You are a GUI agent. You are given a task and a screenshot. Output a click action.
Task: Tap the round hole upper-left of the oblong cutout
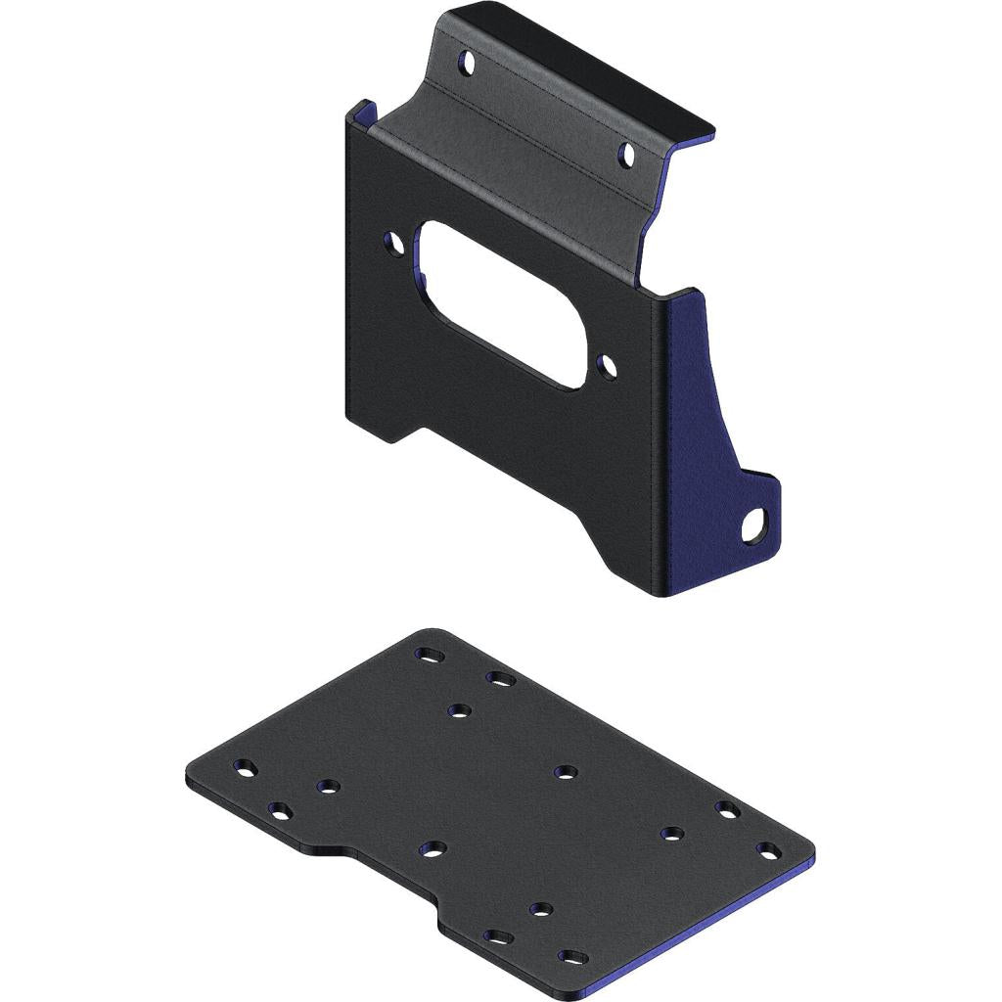(x=393, y=239)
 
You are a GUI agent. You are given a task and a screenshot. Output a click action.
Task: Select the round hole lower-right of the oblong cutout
(x=609, y=368)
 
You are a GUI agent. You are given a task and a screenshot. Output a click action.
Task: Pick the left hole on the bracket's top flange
(x=468, y=66)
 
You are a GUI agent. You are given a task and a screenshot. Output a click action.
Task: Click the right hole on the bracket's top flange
(x=627, y=154)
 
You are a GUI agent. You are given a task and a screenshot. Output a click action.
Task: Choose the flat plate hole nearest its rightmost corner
(x=768, y=849)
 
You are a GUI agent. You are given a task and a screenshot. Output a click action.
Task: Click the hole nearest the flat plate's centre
(x=564, y=772)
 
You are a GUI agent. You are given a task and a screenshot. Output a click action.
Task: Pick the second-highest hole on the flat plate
(x=501, y=677)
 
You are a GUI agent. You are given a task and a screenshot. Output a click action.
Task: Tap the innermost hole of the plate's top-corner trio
(x=459, y=710)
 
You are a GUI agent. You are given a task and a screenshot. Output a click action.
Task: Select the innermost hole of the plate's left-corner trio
(x=328, y=785)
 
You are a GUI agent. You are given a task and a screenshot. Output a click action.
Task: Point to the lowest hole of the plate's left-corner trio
(x=282, y=811)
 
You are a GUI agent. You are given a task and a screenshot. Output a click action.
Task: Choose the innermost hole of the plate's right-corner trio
(x=670, y=834)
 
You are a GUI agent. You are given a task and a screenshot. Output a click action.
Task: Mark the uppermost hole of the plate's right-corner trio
(x=725, y=808)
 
